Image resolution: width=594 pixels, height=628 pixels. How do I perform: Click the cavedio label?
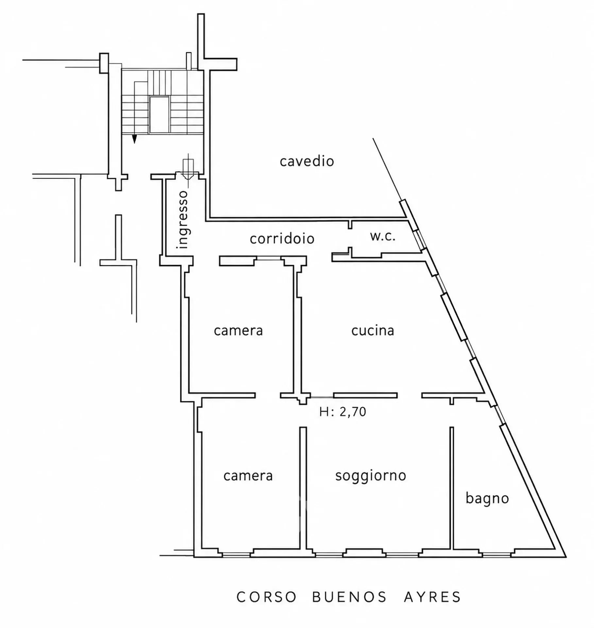coord(307,161)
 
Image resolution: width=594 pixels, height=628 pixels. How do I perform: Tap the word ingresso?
coord(182,219)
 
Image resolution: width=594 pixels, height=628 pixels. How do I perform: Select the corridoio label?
coord(282,238)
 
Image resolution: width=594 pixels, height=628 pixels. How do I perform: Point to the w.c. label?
coord(383,236)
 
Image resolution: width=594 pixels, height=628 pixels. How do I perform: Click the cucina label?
coord(373,330)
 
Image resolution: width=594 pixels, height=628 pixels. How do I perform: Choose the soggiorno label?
coord(371,476)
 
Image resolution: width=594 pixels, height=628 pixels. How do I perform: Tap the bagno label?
coord(487,499)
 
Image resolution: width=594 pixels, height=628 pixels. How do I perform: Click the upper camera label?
coord(238,330)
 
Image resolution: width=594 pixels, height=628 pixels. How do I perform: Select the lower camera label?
coord(248,476)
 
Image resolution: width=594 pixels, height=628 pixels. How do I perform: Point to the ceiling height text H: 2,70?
coord(343,411)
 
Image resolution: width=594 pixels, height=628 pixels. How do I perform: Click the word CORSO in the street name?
coord(266,597)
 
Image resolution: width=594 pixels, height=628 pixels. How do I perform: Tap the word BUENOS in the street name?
coord(349,597)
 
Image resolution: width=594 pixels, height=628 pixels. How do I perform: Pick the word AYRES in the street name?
coord(432,597)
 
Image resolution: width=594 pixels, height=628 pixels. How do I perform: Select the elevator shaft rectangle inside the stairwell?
coord(159,114)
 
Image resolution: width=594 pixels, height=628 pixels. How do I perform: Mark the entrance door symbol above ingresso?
coord(188,169)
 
